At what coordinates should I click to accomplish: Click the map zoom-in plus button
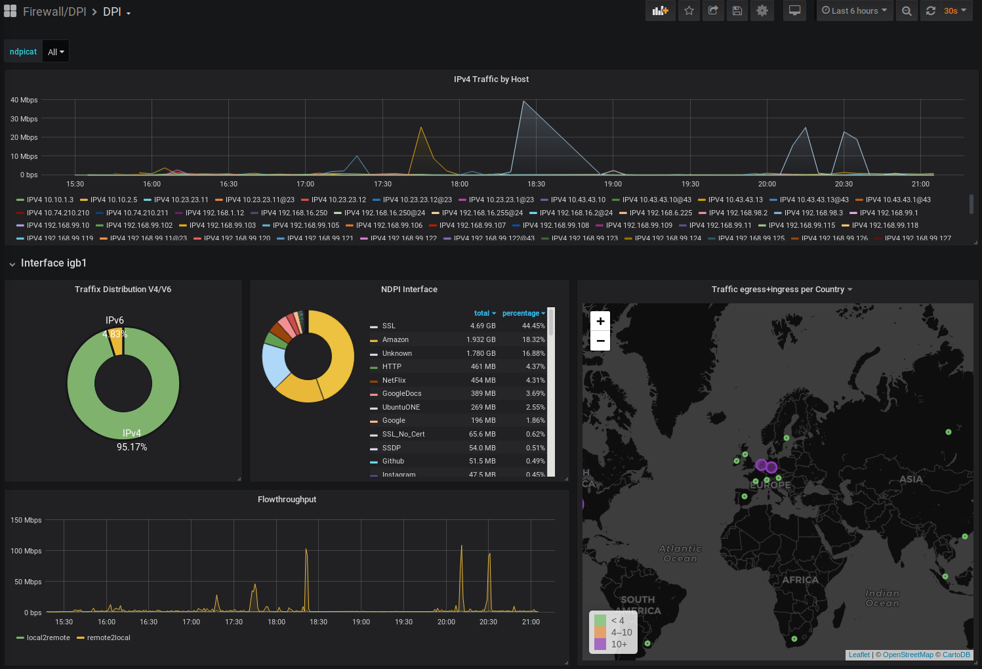click(600, 321)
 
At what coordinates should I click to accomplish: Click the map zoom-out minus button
click(600, 341)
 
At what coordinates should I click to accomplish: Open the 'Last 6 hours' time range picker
click(855, 11)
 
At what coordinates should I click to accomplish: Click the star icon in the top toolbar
click(689, 11)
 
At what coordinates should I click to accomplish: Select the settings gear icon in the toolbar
click(762, 11)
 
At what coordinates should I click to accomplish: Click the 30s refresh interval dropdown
click(954, 11)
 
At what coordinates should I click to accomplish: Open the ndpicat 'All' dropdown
click(56, 52)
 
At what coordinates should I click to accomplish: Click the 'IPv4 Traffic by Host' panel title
click(491, 79)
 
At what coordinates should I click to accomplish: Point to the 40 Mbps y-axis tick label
click(24, 100)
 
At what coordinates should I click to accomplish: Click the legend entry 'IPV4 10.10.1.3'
click(50, 200)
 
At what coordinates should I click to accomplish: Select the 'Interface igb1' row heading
click(54, 263)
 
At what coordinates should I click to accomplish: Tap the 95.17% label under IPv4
click(132, 447)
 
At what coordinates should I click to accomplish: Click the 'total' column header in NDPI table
click(482, 313)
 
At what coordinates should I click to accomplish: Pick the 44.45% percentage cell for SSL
click(533, 326)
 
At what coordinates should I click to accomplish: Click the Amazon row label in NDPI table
click(396, 339)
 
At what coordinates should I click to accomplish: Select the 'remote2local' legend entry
click(108, 637)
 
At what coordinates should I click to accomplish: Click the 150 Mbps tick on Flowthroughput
click(26, 520)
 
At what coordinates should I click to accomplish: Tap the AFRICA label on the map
click(800, 580)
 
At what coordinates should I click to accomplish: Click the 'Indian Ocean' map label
click(882, 598)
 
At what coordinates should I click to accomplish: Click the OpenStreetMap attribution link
click(908, 655)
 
